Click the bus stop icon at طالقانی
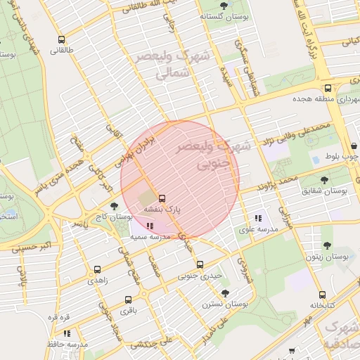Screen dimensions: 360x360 tap(61, 40)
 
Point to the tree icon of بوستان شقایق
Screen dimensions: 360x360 tap(325, 180)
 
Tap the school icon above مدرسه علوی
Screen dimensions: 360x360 tap(258, 217)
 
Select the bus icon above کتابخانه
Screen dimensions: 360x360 tap(322, 295)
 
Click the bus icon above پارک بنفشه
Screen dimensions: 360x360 tap(162, 198)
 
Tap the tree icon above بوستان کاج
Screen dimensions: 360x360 tap(114, 206)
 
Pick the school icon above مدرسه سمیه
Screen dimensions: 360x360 tap(150, 226)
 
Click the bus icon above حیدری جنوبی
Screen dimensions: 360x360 tap(200, 264)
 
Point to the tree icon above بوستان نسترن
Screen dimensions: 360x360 tap(225, 293)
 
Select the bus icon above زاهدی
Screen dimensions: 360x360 tap(97, 269)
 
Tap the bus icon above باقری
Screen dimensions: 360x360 tap(127, 300)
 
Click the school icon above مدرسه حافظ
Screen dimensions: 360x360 tap(67, 333)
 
